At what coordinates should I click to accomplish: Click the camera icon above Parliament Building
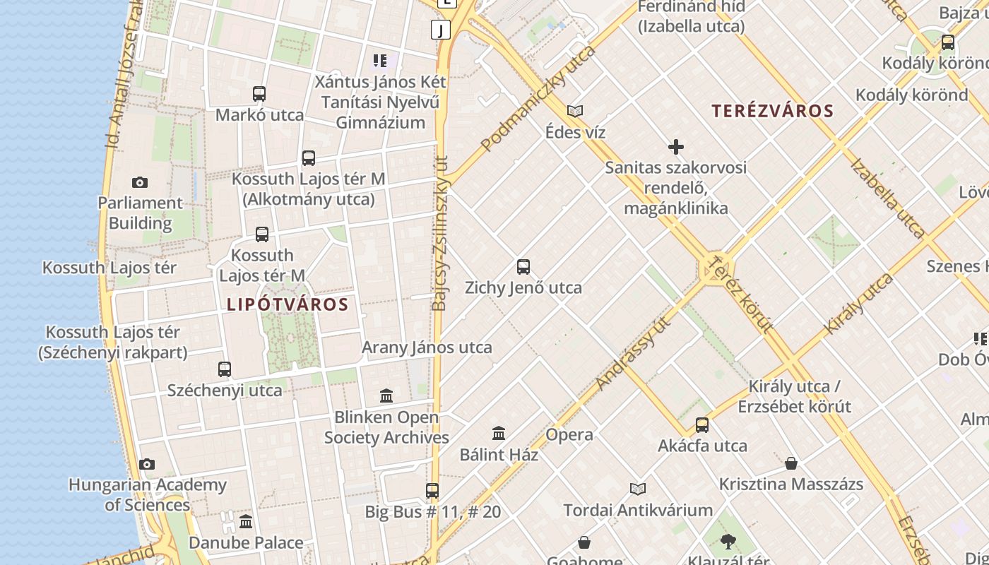coord(140,182)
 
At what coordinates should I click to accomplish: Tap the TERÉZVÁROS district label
coord(773,111)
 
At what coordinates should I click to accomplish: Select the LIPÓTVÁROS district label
coord(288,304)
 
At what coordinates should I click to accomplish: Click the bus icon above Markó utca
coord(259,94)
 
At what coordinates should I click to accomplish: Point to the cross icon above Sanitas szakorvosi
coord(676,147)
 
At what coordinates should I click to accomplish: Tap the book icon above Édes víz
coord(575,111)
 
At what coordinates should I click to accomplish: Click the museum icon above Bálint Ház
coord(499,433)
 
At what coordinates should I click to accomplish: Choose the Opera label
coord(569,434)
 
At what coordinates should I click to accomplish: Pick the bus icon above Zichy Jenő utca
coord(523,267)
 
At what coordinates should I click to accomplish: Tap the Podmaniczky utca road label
coord(538,99)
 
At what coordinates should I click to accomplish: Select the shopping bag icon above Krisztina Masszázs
coord(791,463)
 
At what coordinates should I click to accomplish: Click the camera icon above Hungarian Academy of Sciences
coord(147,464)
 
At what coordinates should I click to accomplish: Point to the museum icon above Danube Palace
coord(246,522)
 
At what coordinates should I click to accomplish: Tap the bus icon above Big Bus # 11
coord(432,491)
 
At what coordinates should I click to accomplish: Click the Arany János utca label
coord(427,347)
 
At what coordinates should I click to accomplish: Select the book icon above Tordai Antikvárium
coord(638,489)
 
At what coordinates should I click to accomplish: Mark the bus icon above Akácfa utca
coord(702,425)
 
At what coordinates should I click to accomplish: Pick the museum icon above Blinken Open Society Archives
coord(386,395)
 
